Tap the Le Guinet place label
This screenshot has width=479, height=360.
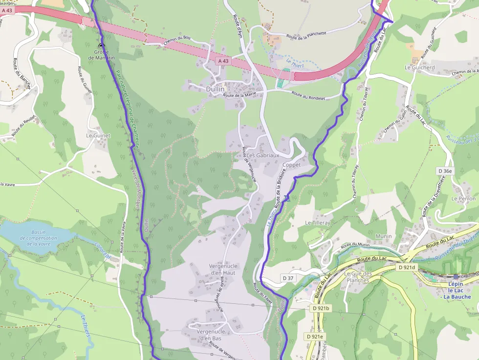point(98,135)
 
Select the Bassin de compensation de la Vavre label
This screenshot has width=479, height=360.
point(38,238)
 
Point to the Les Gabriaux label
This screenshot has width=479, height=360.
point(262,155)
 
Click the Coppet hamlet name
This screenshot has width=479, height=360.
point(291,165)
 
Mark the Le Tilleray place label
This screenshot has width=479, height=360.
point(318,222)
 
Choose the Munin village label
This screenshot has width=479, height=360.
point(383,236)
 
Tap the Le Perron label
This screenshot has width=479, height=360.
point(463,199)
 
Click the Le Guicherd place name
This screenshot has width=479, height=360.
point(419,67)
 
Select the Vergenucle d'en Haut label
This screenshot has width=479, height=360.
point(216,270)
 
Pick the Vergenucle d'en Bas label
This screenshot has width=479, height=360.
point(209,335)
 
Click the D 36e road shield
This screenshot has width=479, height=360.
point(445,171)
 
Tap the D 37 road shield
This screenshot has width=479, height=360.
point(288,278)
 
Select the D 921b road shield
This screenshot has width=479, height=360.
point(321,308)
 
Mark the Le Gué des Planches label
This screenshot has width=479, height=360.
point(358,277)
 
